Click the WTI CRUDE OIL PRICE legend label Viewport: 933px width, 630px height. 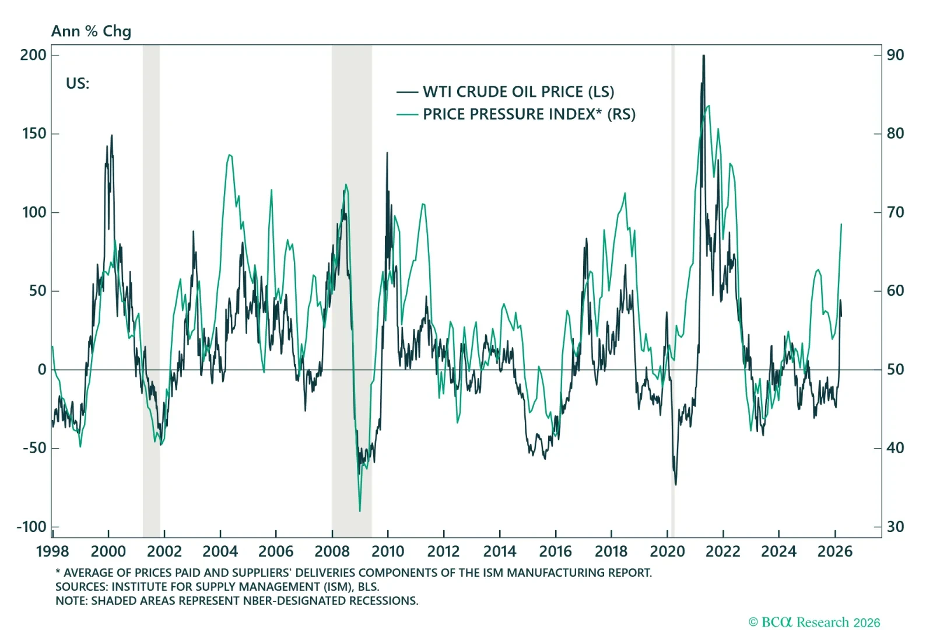click(x=518, y=92)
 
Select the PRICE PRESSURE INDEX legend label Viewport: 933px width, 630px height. click(x=529, y=114)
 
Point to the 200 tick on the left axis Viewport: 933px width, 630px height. click(x=33, y=55)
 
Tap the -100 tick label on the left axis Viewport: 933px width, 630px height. click(x=31, y=527)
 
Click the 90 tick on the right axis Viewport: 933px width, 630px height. click(x=895, y=55)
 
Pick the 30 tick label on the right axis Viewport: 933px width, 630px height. click(x=895, y=527)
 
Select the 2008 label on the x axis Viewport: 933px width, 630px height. click(x=332, y=551)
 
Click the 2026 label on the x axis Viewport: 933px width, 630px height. click(x=834, y=551)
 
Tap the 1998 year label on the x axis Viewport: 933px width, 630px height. click(x=52, y=551)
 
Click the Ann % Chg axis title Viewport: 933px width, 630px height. click(x=91, y=31)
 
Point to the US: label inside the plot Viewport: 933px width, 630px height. click(x=78, y=83)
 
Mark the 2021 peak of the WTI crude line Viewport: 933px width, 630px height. click(x=704, y=56)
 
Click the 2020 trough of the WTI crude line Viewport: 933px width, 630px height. click(x=676, y=484)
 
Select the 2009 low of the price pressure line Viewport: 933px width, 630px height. click(x=360, y=511)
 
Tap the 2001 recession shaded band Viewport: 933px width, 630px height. click(x=151, y=292)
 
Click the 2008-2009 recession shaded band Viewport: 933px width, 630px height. click(x=352, y=292)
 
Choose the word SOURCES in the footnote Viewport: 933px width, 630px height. click(x=80, y=586)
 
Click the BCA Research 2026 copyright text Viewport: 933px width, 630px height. click(x=814, y=622)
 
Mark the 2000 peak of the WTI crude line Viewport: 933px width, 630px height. click(x=112, y=136)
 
